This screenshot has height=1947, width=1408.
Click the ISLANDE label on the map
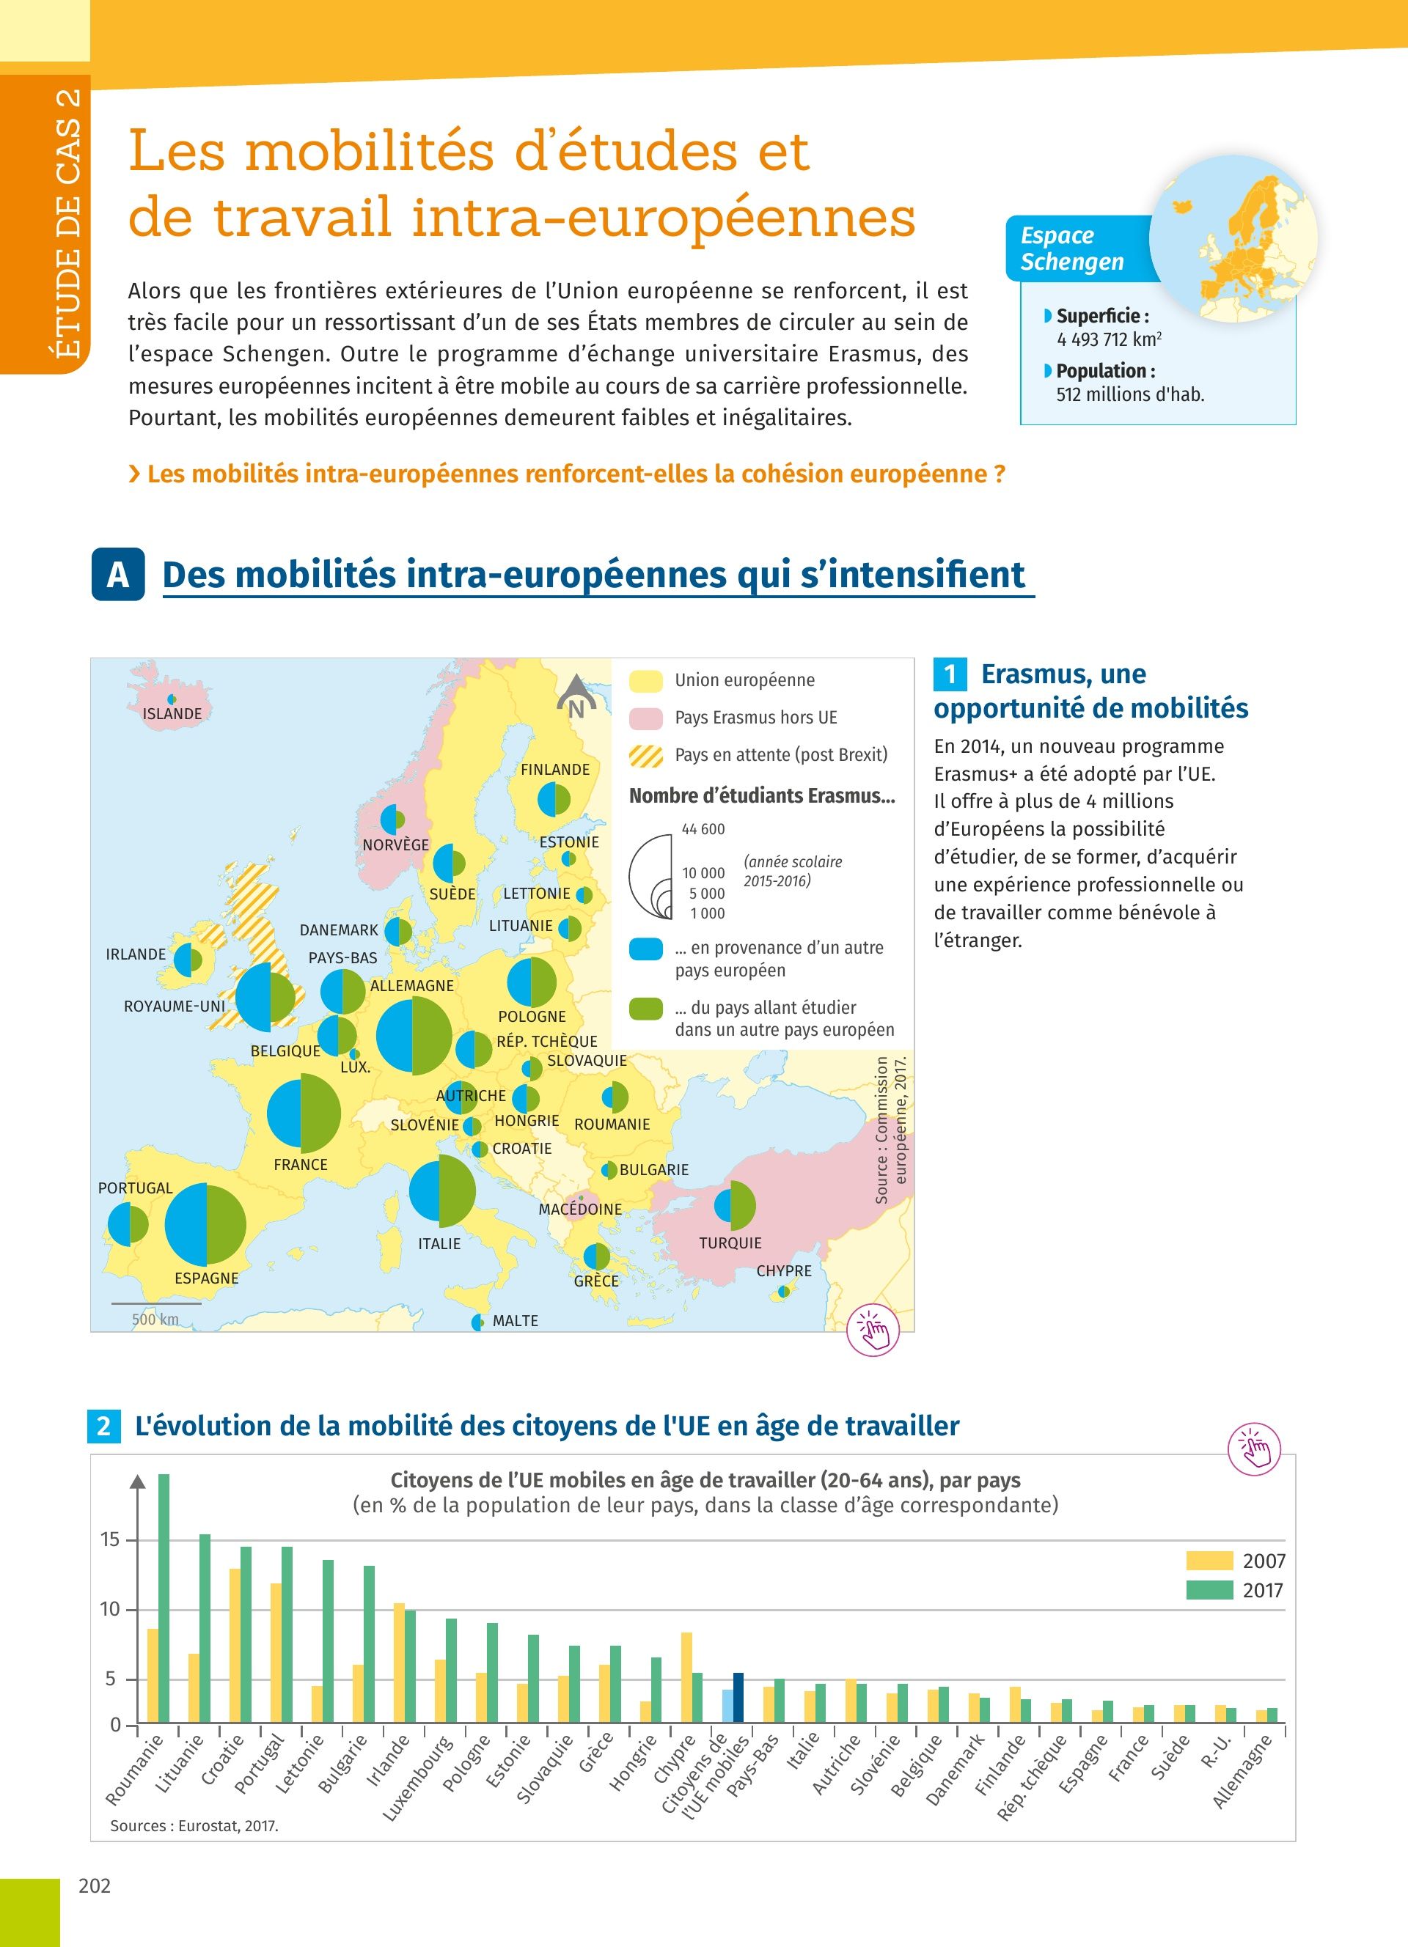[x=172, y=713]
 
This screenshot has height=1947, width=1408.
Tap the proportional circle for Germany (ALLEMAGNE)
[x=414, y=1036]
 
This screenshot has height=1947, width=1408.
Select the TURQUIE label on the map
[x=730, y=1243]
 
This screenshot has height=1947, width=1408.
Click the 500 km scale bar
[x=155, y=1304]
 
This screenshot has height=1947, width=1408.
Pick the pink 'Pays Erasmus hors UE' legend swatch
[x=645, y=718]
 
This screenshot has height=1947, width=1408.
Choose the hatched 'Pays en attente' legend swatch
[x=645, y=756]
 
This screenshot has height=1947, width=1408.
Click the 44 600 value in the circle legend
[x=703, y=829]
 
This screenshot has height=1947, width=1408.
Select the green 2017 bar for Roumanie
[x=163, y=1599]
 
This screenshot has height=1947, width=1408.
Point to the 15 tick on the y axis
[x=111, y=1539]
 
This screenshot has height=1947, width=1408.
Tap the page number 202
[x=95, y=1885]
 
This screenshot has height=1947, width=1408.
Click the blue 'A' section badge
[x=117, y=574]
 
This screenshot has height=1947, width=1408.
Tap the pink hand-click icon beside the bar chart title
[x=1254, y=1450]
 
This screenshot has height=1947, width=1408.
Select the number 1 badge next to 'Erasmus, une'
[x=950, y=674]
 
